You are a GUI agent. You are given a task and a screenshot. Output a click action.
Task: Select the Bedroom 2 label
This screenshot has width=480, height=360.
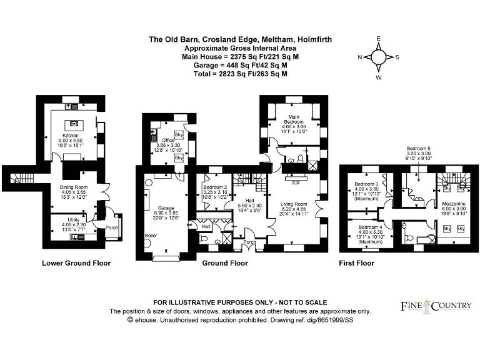click(x=215, y=187)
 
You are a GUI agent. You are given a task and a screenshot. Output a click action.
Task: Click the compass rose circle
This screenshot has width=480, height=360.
click(x=378, y=57)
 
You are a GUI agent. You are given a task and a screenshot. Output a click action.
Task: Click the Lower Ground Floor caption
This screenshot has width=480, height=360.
click(x=76, y=263)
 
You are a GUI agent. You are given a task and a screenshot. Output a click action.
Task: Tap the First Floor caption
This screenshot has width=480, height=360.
click(x=356, y=263)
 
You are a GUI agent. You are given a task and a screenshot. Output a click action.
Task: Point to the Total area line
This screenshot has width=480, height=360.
click(x=240, y=74)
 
